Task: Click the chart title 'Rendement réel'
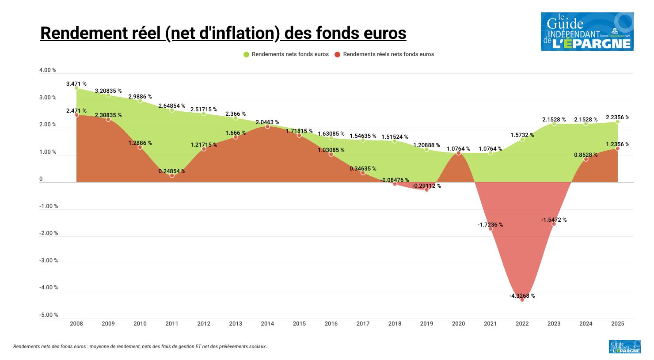coord(223,33)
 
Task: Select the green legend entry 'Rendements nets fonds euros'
coord(286,54)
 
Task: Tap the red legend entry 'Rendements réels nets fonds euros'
coord(384,54)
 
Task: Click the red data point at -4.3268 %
coord(522,299)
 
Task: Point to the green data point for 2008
coord(76,88)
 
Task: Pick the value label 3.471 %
coord(76,83)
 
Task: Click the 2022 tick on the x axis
coord(522,323)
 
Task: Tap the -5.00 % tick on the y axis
coord(49,315)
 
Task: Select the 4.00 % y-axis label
coord(48,70)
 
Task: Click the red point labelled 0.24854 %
coord(172,175)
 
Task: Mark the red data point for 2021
coord(490,229)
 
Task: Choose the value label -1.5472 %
coord(554,220)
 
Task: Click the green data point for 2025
coord(617,121)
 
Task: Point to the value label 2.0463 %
coord(267,122)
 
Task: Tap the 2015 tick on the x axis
coord(299,323)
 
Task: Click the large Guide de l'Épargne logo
coord(587,31)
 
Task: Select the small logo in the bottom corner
coord(624,347)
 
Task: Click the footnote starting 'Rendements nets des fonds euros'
coord(140,347)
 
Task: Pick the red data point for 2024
coord(586,159)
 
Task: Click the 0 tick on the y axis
coord(41,179)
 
